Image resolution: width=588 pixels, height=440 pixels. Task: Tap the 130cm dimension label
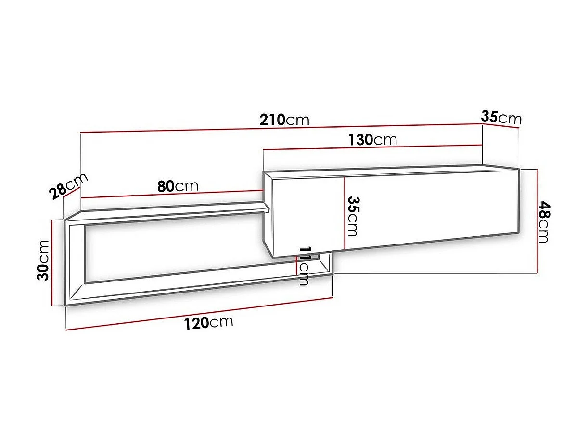click(x=372, y=139)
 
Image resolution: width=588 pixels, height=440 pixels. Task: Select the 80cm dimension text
click(x=178, y=185)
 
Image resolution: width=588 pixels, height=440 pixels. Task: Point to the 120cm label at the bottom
click(x=208, y=323)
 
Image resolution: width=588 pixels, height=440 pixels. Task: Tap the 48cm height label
click(x=544, y=222)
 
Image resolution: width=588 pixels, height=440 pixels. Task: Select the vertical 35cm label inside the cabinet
click(x=353, y=216)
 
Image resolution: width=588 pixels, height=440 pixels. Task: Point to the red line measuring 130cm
click(x=372, y=147)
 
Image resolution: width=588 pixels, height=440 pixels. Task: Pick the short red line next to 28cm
click(x=72, y=194)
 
